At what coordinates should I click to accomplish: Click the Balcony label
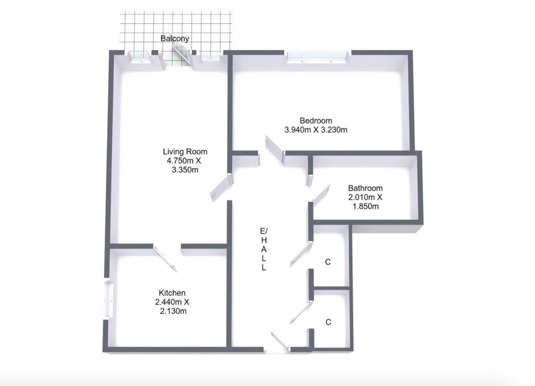175,39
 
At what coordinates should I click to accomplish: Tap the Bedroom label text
316,121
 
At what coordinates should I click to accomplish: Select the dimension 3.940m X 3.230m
316,130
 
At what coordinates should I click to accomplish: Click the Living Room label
185,152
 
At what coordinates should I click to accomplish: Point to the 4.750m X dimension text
184,161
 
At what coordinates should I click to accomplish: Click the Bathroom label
365,188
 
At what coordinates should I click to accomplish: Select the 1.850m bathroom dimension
365,206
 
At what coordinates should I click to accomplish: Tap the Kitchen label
172,293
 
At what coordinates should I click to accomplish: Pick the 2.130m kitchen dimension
173,311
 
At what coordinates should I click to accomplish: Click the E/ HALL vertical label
264,249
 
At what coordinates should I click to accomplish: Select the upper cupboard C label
328,262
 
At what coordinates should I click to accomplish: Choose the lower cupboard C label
328,322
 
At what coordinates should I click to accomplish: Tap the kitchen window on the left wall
108,299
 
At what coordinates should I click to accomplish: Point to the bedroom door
275,148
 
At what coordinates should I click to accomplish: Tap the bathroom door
322,192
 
